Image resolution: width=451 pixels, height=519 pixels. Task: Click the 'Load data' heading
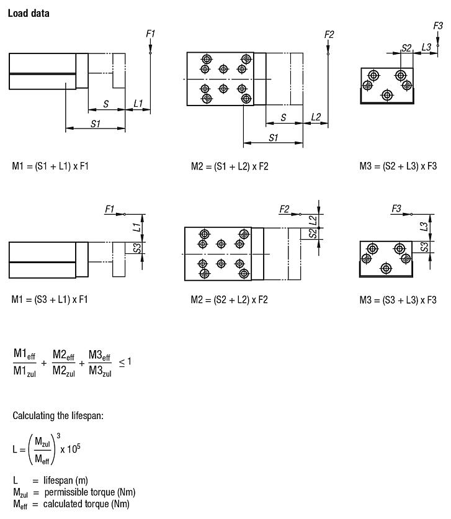[x=29, y=13]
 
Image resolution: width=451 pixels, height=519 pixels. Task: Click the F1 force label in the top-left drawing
[x=150, y=34]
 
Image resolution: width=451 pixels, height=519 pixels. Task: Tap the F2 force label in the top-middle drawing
[x=329, y=34]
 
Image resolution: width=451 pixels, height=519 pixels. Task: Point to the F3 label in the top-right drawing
[x=438, y=25]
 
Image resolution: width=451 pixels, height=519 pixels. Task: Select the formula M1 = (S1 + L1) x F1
[x=50, y=166]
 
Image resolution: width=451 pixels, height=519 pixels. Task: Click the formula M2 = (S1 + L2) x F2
[x=230, y=166]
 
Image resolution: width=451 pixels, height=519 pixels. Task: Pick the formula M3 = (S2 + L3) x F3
[x=398, y=166]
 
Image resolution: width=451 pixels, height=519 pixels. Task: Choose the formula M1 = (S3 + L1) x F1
[x=50, y=299]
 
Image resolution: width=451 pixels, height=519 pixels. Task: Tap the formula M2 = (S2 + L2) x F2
[x=230, y=299]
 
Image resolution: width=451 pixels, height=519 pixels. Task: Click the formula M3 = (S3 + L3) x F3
[x=398, y=299]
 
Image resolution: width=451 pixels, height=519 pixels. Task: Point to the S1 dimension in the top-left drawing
[x=96, y=124]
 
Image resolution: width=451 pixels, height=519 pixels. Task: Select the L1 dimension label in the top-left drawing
[x=138, y=103]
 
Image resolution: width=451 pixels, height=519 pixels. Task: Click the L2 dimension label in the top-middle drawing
[x=316, y=117]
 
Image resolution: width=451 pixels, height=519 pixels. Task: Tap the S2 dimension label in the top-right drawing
[x=406, y=47]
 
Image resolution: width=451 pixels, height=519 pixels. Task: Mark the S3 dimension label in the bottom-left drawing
[x=137, y=248]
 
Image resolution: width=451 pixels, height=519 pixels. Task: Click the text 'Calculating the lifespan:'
[x=56, y=415]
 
